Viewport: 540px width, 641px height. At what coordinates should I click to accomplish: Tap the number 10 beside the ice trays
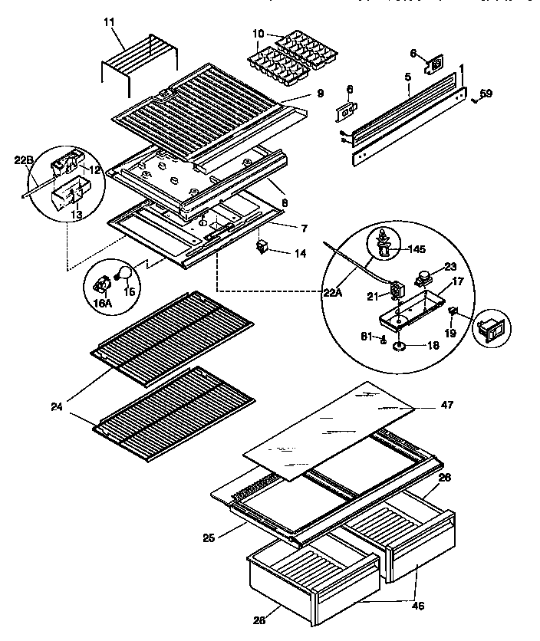click(257, 35)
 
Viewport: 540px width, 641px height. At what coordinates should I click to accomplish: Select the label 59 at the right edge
click(486, 94)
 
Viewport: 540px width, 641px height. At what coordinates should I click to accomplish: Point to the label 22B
click(24, 160)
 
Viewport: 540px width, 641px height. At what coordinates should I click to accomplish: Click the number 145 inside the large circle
click(416, 249)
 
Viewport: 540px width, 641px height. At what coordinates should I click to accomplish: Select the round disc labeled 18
click(400, 347)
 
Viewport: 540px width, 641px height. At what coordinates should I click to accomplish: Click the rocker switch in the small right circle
click(487, 329)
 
